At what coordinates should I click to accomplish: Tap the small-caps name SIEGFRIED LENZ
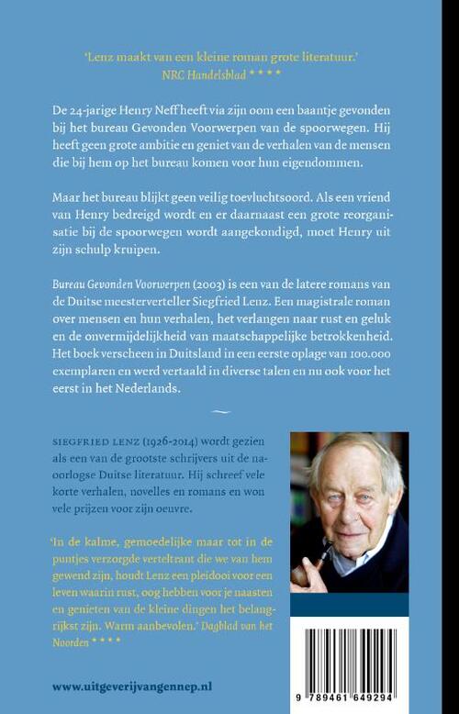(x=99, y=441)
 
